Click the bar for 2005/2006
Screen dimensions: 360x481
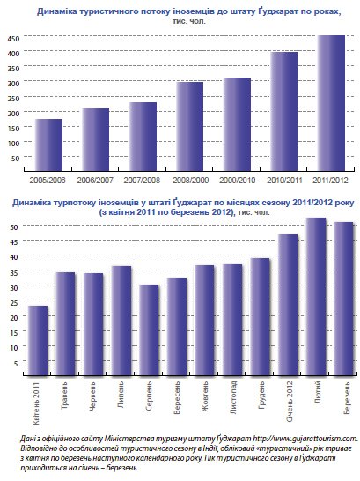[x=48, y=144]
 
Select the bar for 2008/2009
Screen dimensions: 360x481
[x=189, y=126]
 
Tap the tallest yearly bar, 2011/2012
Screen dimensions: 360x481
[x=331, y=103]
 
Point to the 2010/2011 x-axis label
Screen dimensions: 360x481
[x=284, y=180]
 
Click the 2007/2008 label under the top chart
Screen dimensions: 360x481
[x=142, y=180]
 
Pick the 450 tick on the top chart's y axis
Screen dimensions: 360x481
[x=14, y=39]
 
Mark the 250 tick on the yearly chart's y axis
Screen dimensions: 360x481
[x=14, y=99]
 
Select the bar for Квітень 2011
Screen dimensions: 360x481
[x=38, y=340]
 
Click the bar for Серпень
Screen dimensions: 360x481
[x=150, y=329]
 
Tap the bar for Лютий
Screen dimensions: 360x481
[x=316, y=296]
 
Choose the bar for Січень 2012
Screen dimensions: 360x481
[x=288, y=305]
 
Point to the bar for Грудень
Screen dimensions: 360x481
[x=261, y=316]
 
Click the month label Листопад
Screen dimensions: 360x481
[x=233, y=397]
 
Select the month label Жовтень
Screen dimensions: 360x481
[x=205, y=396]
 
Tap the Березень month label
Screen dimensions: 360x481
[x=347, y=397]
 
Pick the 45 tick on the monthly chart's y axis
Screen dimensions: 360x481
[x=14, y=241]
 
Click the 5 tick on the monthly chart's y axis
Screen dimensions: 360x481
[x=16, y=363]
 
